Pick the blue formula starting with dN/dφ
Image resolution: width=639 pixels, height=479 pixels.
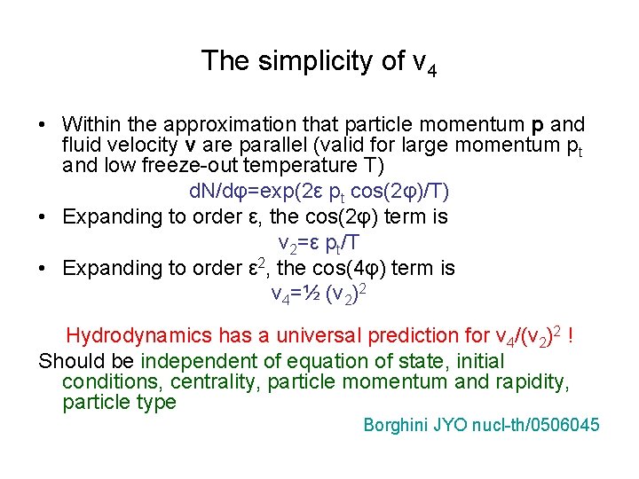[319, 192]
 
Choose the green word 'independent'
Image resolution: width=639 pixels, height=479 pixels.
[196, 362]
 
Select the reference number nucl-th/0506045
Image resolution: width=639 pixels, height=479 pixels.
[537, 426]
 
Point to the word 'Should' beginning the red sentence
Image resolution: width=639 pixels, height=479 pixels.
[67, 362]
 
